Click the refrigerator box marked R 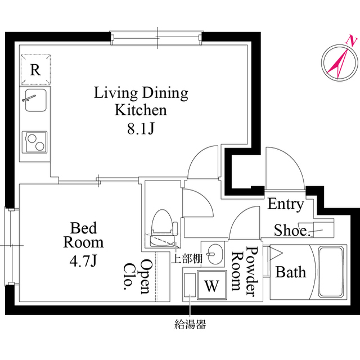[x=35, y=70]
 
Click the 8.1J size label [x=141, y=129]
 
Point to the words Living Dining [x=141, y=92]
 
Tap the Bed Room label [x=83, y=235]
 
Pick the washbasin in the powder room [x=212, y=254]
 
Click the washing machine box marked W [x=211, y=285]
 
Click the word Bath [x=291, y=273]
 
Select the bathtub [x=331, y=272]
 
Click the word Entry [x=285, y=204]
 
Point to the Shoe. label [x=292, y=230]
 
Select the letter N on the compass [x=352, y=40]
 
